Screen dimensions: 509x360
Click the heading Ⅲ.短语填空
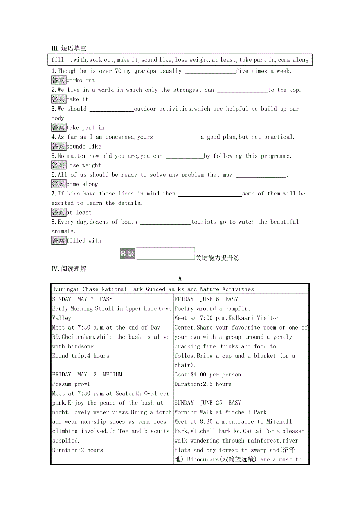click(x=69, y=48)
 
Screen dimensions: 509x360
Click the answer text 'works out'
click(x=81, y=81)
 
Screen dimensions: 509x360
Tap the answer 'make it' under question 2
click(x=77, y=99)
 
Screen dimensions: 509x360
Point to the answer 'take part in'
click(x=85, y=127)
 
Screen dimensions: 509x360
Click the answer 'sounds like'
click(x=84, y=147)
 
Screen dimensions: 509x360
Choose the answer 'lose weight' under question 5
click(x=84, y=165)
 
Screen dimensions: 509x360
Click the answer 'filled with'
click(x=84, y=241)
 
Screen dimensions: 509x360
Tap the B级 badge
click(x=128, y=254)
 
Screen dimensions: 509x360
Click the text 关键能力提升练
click(x=217, y=258)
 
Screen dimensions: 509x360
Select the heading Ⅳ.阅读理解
click(x=69, y=269)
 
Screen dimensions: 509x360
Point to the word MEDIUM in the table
click(x=112, y=375)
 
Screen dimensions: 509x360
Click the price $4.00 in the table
click(x=199, y=375)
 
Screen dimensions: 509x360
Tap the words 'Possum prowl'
click(x=71, y=384)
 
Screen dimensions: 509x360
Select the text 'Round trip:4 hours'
click(x=81, y=356)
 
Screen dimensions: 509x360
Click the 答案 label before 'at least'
click(x=58, y=212)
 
